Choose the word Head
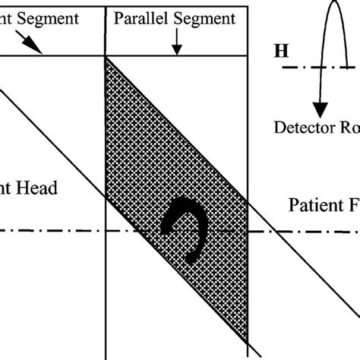click(x=37, y=188)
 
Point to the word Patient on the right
click(x=315, y=205)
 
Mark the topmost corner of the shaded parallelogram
click(x=106, y=58)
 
